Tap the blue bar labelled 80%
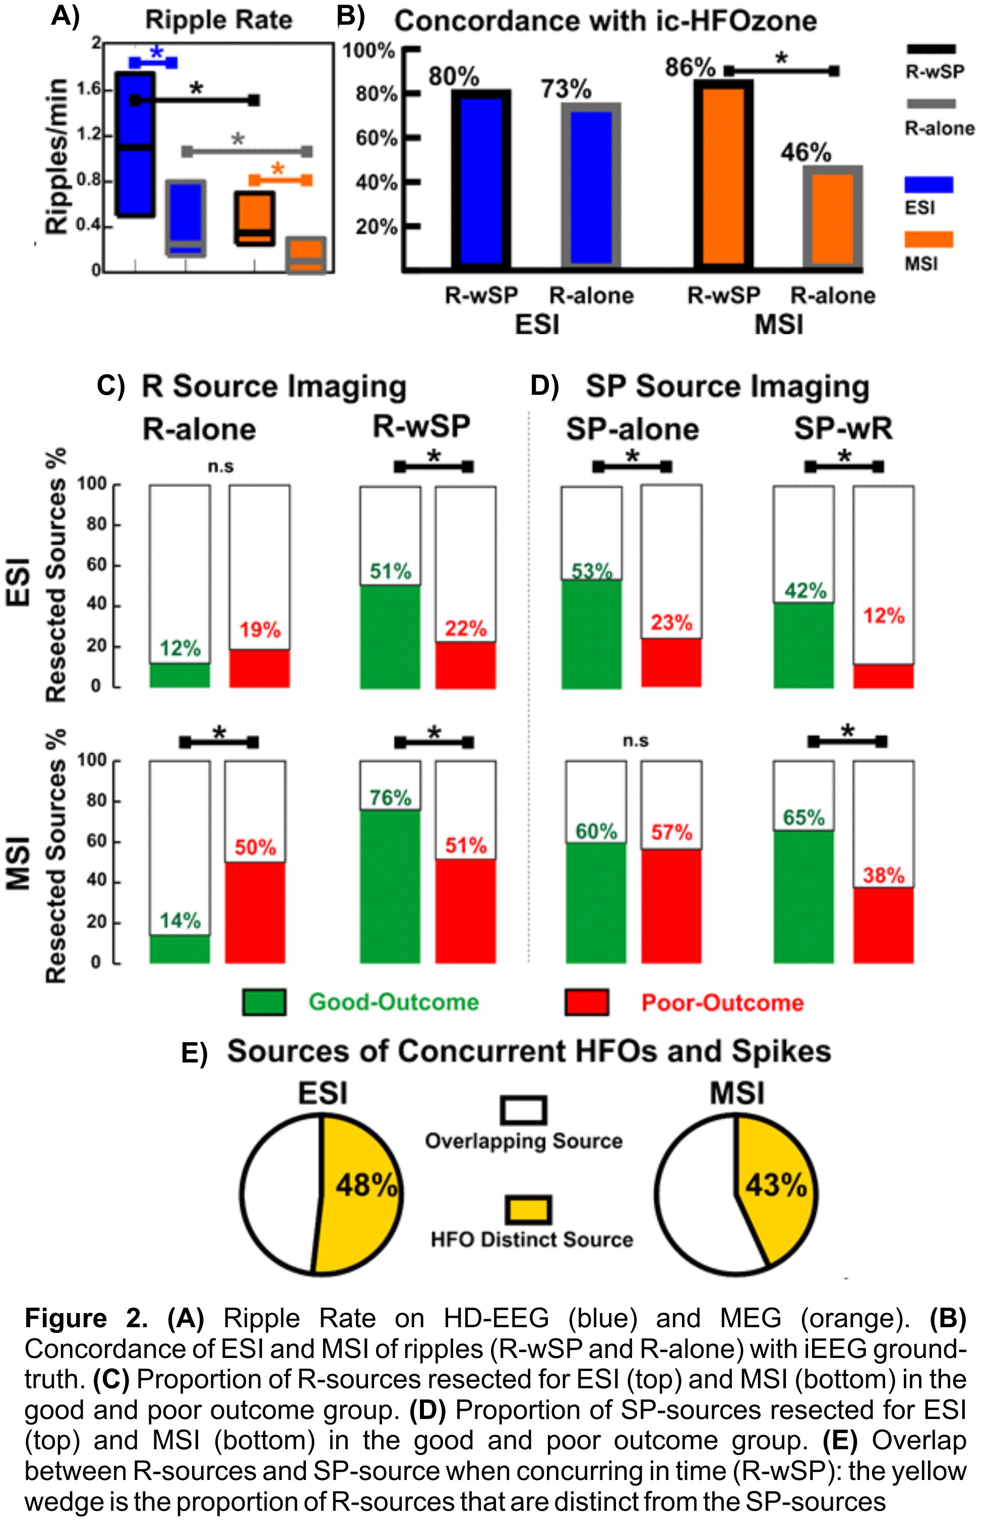tap(480, 181)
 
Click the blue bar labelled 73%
tap(591, 187)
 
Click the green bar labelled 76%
tap(390, 886)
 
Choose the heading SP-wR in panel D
tap(843, 428)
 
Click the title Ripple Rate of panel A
tap(219, 20)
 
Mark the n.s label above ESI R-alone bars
tap(220, 466)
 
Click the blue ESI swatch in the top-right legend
tap(928, 185)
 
